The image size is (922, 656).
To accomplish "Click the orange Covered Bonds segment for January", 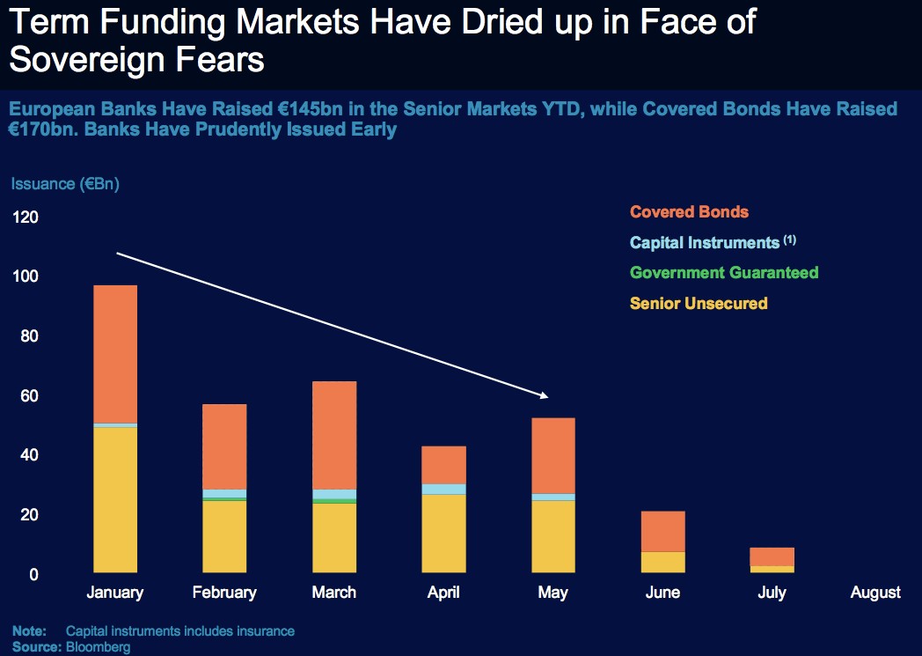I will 114,354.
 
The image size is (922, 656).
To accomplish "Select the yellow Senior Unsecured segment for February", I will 224,537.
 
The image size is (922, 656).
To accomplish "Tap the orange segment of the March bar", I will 333,435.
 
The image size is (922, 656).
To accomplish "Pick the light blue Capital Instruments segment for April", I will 443,490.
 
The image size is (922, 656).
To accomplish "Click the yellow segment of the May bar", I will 552,537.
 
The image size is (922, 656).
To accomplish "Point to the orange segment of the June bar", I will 662,531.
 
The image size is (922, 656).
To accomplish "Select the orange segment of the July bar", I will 772,556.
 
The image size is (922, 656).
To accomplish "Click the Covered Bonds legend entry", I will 689,212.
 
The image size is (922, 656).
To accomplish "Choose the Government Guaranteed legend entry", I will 724,273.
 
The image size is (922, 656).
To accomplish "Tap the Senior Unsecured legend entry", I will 699,304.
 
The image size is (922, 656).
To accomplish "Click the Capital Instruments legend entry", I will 705,242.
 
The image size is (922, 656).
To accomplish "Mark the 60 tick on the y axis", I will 28,396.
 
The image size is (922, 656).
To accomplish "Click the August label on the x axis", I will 875,593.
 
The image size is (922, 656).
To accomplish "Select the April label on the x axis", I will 443,593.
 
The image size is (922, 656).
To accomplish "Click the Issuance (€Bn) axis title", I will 65,184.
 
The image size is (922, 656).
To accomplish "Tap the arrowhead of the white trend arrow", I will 545,396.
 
